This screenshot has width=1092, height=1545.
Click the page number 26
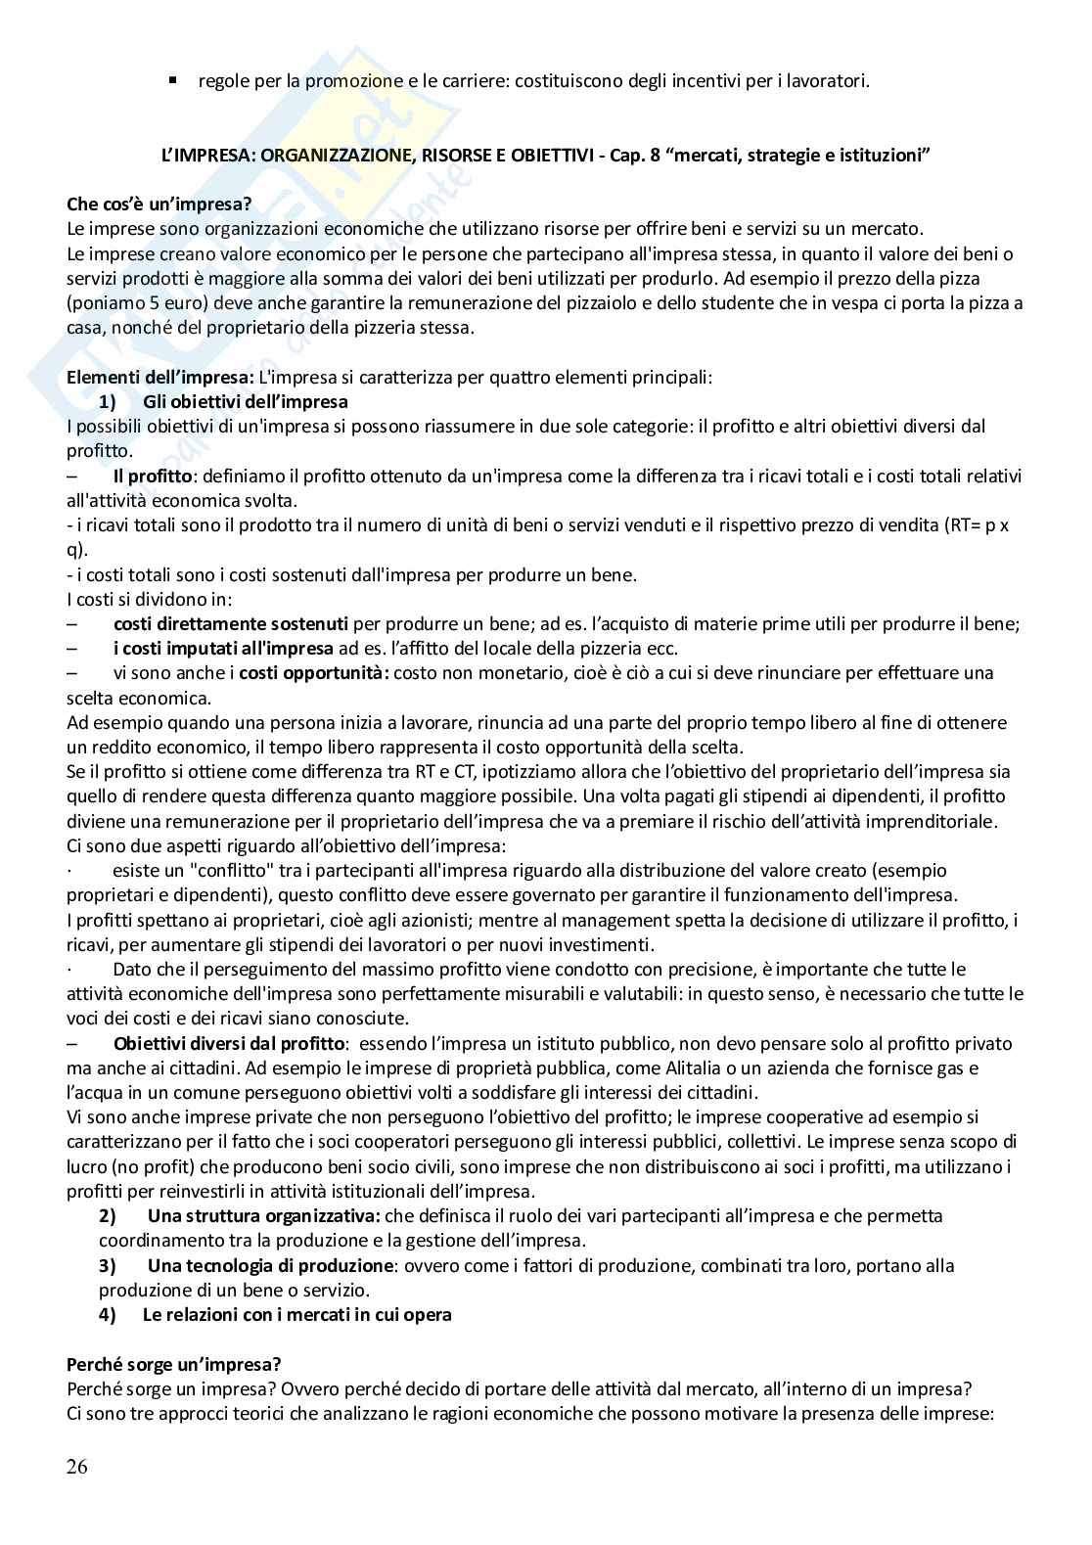[76, 1466]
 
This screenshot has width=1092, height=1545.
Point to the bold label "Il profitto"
[155, 477]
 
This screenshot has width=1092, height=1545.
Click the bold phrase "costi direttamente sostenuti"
[231, 624]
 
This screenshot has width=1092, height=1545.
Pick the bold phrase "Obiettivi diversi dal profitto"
[230, 1043]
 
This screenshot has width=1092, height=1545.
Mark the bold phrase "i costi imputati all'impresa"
[224, 649]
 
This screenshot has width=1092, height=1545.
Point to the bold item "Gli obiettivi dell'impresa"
[245, 402]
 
